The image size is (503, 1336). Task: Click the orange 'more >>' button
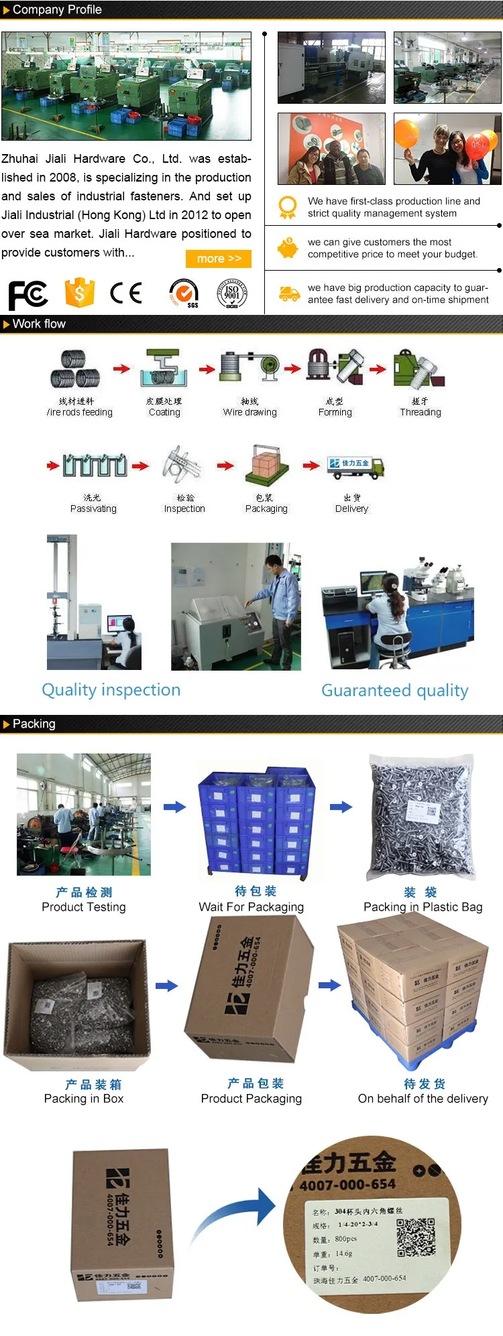tap(219, 259)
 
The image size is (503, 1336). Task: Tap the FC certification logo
tap(27, 295)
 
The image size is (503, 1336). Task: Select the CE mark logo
tap(126, 293)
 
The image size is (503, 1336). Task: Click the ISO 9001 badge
tap(232, 293)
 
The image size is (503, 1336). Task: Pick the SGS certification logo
tap(184, 293)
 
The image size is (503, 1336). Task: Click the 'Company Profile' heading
tap(57, 10)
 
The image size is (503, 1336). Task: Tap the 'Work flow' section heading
tap(39, 324)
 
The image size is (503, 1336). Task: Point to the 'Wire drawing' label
tap(249, 413)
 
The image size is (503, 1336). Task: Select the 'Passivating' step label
tap(93, 509)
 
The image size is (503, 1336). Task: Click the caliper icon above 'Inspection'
tap(181, 464)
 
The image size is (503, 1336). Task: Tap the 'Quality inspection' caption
tap(111, 690)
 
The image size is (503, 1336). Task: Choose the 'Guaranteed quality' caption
tap(395, 691)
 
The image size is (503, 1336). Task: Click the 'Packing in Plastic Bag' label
tap(423, 907)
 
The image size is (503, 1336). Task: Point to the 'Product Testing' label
tap(84, 907)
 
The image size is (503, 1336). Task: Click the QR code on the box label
tap(415, 1238)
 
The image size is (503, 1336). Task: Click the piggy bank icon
tap(288, 249)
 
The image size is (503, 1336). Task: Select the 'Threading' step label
tap(421, 413)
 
